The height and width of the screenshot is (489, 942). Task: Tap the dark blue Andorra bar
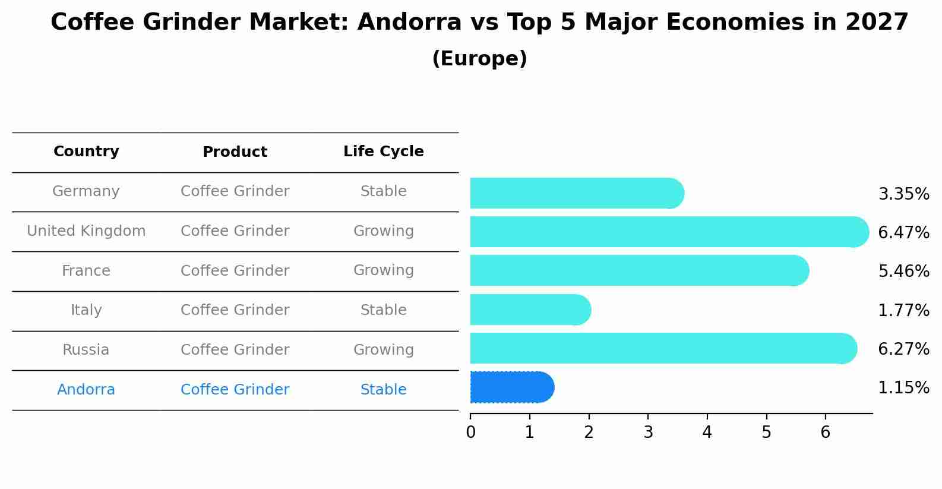coord(511,387)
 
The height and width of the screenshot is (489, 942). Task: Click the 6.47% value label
coord(903,232)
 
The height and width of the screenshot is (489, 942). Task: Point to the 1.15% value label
coord(903,388)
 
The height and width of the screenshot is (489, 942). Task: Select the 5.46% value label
coord(903,272)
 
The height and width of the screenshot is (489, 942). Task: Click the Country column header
coord(86,152)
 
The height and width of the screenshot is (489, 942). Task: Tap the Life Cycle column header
coord(383,152)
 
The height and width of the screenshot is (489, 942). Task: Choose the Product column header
coord(235,152)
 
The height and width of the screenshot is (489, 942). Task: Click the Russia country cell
coord(86,350)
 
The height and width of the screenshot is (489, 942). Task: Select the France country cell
coord(86,271)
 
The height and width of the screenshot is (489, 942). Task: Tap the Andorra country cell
coord(86,390)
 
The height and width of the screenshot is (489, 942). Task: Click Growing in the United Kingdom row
coord(383,231)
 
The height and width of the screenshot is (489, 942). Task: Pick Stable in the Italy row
coord(383,310)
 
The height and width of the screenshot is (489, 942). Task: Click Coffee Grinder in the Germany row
coord(235,191)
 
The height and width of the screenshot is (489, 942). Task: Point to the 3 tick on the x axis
coord(648,432)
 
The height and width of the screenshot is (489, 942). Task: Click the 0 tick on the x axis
coord(470,432)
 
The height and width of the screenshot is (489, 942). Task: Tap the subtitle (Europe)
coord(479,59)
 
